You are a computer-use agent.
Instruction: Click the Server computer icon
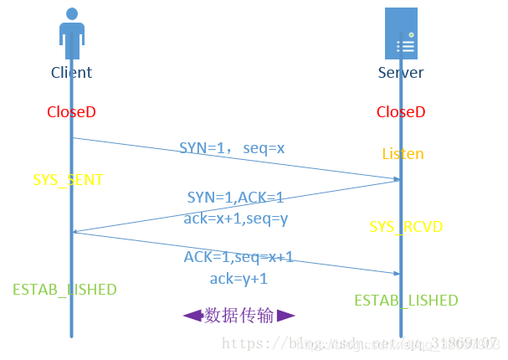(x=401, y=33)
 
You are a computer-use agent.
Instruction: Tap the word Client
(x=71, y=73)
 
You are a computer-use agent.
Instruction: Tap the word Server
(x=401, y=73)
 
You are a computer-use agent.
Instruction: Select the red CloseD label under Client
(x=71, y=111)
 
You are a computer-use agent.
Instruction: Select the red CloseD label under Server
(x=401, y=111)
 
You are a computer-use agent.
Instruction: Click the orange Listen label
(x=403, y=154)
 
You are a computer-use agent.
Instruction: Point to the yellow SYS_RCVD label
(x=406, y=227)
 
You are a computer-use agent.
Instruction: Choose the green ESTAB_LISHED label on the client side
(x=64, y=290)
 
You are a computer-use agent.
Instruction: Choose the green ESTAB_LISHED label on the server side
(x=406, y=301)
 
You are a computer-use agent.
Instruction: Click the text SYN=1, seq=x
(x=232, y=148)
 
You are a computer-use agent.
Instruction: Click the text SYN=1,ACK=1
(x=235, y=198)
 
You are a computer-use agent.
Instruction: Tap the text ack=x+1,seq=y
(x=235, y=218)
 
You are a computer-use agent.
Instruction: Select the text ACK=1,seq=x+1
(x=239, y=258)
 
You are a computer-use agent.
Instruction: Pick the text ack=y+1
(x=239, y=279)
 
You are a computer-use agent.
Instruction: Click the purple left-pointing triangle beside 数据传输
(x=192, y=316)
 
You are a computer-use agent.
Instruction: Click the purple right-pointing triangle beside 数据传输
(x=286, y=316)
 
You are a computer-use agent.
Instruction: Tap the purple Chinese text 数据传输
(x=239, y=316)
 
